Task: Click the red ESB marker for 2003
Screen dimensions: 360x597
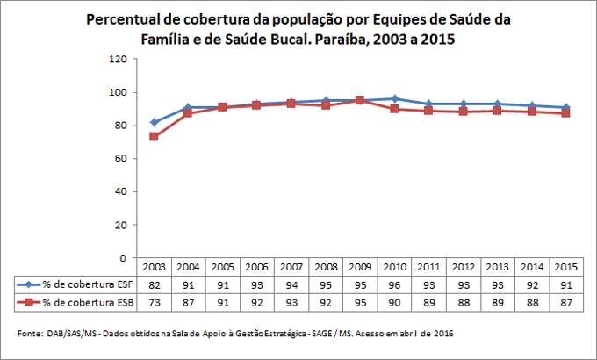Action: (155, 136)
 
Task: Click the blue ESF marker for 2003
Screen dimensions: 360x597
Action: (155, 122)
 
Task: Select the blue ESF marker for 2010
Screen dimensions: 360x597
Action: (394, 98)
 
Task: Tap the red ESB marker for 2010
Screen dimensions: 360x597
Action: (394, 109)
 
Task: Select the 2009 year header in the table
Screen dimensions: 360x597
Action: (360, 266)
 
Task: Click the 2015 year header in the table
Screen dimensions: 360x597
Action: (565, 266)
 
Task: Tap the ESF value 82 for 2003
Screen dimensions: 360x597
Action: (155, 284)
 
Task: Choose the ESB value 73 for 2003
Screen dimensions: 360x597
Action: (155, 301)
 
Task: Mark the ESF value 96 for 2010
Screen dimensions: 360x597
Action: (394, 284)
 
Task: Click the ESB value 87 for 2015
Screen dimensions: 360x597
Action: (565, 301)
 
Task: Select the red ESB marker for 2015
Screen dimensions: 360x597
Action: (565, 112)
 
